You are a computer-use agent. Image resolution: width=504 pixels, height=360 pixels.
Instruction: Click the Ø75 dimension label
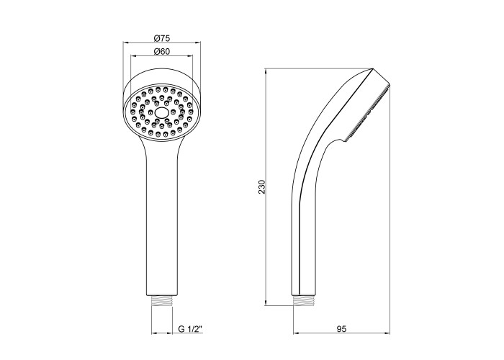coord(162,38)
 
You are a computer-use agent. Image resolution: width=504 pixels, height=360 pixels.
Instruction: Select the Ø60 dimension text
coord(162,51)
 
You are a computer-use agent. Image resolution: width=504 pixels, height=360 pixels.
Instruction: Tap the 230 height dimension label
coord(262,186)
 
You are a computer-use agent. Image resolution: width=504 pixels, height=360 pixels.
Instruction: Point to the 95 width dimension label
coord(342,329)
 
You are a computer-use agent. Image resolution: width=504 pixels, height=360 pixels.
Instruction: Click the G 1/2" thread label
coord(191,329)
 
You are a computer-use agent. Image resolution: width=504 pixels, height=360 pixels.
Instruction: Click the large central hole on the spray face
coord(161,113)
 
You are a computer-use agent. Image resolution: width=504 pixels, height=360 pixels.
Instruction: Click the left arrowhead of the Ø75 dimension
coord(126,42)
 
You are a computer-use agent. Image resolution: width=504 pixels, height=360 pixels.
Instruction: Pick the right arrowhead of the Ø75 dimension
coord(197,42)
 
